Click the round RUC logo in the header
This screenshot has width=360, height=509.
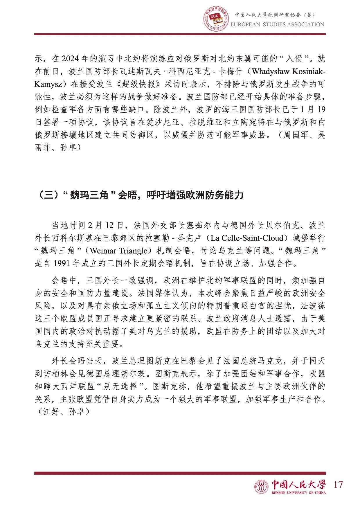click(216, 19)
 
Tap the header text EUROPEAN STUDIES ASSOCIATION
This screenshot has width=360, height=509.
click(277, 25)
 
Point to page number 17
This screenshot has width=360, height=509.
click(338, 484)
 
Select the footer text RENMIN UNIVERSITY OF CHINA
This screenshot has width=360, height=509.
click(298, 492)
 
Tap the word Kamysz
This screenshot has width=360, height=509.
click(48, 84)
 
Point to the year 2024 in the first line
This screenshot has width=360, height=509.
click(70, 59)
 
